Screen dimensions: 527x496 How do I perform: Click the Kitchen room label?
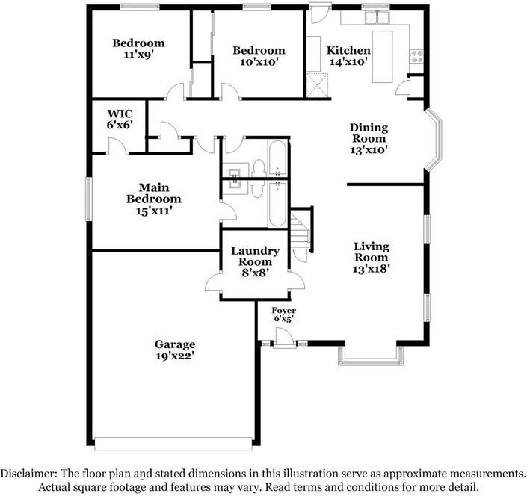(348, 50)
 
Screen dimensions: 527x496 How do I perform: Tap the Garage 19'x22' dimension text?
(175, 356)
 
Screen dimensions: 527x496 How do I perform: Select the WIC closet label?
(120, 114)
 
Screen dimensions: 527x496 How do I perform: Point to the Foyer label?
(283, 311)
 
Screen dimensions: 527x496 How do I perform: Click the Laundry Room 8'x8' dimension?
(255, 273)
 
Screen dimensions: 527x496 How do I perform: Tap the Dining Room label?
(369, 133)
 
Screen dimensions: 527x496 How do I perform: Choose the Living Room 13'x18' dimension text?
(371, 269)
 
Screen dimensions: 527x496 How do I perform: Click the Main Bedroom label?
(154, 193)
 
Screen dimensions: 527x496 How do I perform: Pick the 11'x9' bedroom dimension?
(138, 54)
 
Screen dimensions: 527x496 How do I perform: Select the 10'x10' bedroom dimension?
(259, 62)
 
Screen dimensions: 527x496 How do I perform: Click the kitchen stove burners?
(417, 56)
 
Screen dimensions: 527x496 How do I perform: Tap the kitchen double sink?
(377, 17)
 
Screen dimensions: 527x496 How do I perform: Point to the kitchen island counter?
(383, 57)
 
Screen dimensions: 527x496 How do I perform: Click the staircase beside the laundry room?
(300, 231)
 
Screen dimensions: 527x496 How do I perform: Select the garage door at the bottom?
(173, 444)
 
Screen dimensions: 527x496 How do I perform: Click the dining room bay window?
(434, 139)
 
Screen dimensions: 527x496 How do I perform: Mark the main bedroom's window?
(89, 199)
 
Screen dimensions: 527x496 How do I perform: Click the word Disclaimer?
(28, 474)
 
